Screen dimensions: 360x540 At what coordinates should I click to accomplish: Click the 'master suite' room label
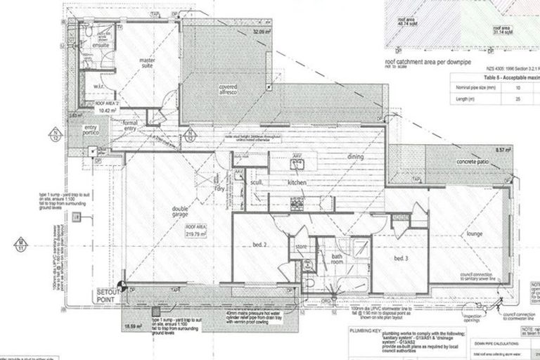click(x=147, y=63)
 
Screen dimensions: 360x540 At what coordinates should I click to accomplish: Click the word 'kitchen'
click(x=300, y=182)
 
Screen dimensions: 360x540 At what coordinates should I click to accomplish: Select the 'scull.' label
click(x=257, y=181)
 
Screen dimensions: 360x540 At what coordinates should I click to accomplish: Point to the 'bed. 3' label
click(x=401, y=259)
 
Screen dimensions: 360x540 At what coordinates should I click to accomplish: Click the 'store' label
click(x=302, y=247)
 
